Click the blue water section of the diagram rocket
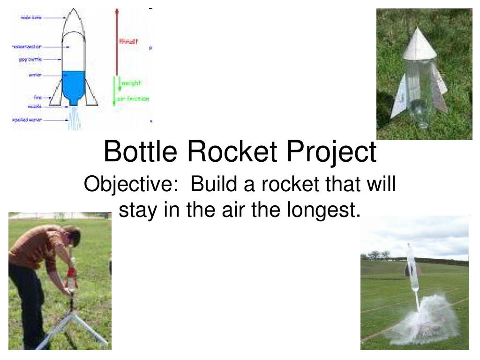point(73,84)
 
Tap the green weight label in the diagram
point(131,83)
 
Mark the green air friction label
point(134,99)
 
